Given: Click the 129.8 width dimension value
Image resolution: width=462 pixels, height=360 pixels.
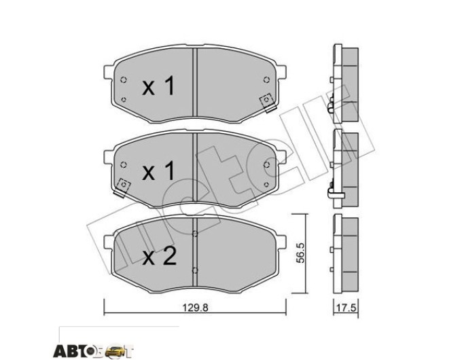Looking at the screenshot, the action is point(195,308).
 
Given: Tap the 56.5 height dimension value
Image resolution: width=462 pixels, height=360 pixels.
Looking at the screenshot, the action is point(300,253).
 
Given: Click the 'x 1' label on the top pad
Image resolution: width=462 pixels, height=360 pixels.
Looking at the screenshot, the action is point(158,86).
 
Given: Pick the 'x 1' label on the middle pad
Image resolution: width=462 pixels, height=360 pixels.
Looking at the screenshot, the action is point(158,170).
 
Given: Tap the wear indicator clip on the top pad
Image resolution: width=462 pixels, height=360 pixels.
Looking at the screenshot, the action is point(268,103).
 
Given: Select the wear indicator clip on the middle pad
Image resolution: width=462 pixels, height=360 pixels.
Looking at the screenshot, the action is point(122,187).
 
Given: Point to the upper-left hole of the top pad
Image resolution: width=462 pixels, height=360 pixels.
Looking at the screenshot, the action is point(124,79).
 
